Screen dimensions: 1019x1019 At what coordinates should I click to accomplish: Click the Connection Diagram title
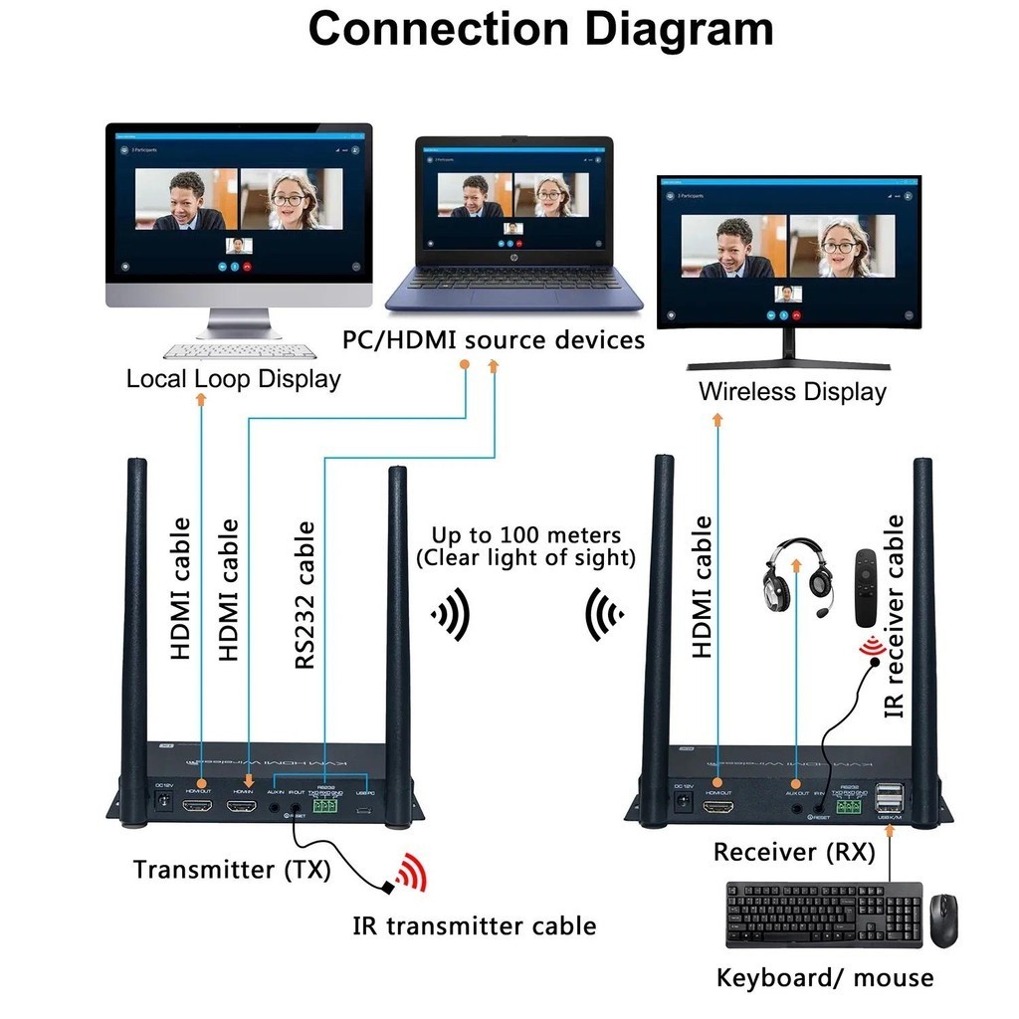(540, 30)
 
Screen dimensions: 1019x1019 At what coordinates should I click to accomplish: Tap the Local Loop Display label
(233, 379)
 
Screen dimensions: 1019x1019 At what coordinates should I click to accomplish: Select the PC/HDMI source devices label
(494, 340)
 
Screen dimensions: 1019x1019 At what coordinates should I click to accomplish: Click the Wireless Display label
(792, 391)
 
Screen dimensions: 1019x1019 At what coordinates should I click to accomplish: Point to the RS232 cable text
(306, 595)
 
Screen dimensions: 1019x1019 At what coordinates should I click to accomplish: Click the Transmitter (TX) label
(232, 870)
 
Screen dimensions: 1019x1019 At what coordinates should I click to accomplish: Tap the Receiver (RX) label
(794, 853)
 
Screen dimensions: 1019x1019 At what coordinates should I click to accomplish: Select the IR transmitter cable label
(475, 926)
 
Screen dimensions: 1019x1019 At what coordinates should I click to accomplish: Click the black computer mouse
(943, 919)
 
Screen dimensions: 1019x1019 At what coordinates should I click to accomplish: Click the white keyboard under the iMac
(239, 351)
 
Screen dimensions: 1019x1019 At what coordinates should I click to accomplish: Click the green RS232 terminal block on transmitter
(325, 808)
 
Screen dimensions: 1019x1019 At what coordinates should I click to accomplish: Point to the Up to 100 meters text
(525, 546)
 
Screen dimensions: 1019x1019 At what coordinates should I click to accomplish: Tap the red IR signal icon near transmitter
(410, 874)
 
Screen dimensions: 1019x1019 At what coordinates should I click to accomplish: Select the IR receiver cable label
(895, 617)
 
